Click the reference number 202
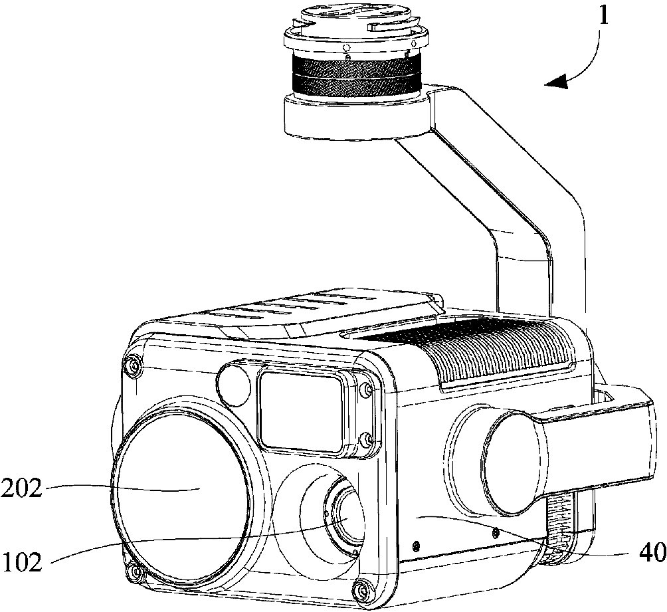tap(21, 488)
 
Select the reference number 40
tap(652, 554)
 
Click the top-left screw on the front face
tap(135, 365)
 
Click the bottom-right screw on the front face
tap(363, 589)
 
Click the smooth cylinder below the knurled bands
tap(356, 118)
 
